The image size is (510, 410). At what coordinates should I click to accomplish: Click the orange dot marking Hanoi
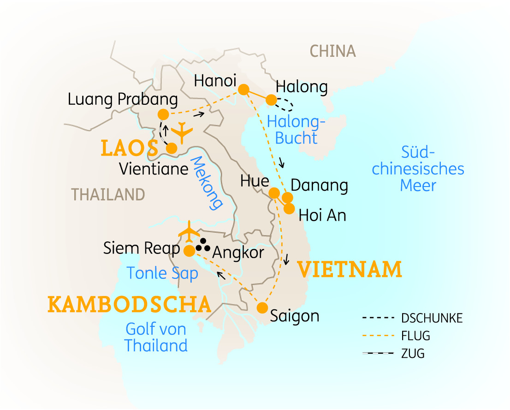[243, 89]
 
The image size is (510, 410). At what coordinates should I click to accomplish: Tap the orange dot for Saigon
[262, 307]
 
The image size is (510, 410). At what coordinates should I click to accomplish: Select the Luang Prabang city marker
[163, 114]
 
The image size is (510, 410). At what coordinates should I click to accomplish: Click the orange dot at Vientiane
[172, 148]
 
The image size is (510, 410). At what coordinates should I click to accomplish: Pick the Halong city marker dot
[272, 100]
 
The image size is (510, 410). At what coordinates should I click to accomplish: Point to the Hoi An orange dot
[289, 209]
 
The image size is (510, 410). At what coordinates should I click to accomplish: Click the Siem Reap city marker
[189, 251]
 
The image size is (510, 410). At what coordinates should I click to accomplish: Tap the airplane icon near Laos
[182, 132]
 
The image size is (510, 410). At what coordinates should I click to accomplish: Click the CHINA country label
[332, 51]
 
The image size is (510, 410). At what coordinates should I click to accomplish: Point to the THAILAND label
[108, 194]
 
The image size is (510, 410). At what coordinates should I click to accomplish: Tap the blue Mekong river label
[206, 182]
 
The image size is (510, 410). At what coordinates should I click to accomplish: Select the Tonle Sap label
[162, 273]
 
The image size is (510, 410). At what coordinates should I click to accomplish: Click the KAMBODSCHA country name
[130, 305]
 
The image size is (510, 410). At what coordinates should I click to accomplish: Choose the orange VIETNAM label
[350, 270]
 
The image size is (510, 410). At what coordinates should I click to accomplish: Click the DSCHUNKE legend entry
[432, 318]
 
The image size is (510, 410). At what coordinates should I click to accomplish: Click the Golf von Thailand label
[156, 338]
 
